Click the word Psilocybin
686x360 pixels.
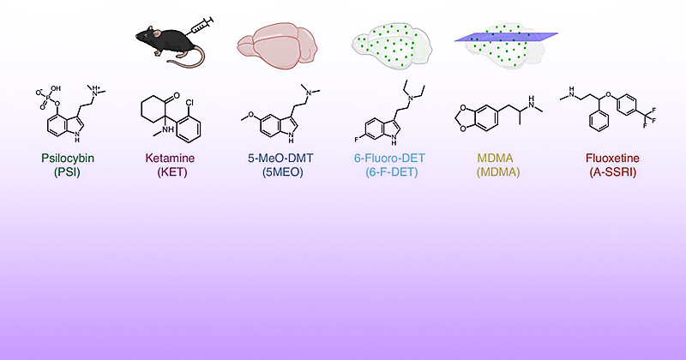[x=68, y=158]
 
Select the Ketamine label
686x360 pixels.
[x=170, y=158]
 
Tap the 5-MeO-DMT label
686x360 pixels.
[x=280, y=158]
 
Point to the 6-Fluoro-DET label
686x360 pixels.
[x=389, y=158]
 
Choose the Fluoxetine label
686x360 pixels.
[x=612, y=158]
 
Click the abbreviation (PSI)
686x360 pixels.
[x=68, y=172]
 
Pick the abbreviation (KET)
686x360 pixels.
[x=172, y=172]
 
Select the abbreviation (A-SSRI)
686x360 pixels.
[x=612, y=172]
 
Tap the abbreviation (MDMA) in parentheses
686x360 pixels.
[x=498, y=172]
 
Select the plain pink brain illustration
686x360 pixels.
[x=277, y=46]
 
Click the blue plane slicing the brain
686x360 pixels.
[x=506, y=37]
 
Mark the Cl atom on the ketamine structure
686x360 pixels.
[x=190, y=103]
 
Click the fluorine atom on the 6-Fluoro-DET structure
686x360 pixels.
[x=357, y=141]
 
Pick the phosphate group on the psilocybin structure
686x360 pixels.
[x=48, y=98]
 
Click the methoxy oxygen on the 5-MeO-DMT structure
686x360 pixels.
[x=251, y=115]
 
